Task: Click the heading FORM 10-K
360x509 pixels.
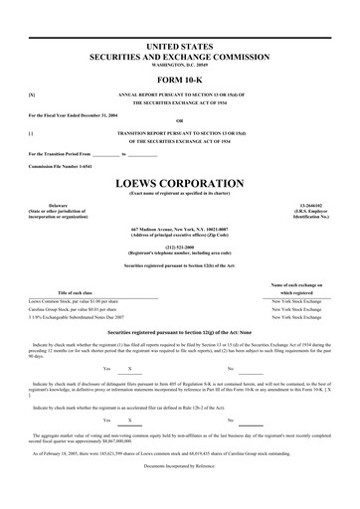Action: (x=179, y=81)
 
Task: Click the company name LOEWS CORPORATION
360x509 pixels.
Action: (x=179, y=183)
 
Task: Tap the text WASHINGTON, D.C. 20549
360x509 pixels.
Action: (x=179, y=67)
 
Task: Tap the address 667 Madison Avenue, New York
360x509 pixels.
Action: (x=179, y=230)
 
